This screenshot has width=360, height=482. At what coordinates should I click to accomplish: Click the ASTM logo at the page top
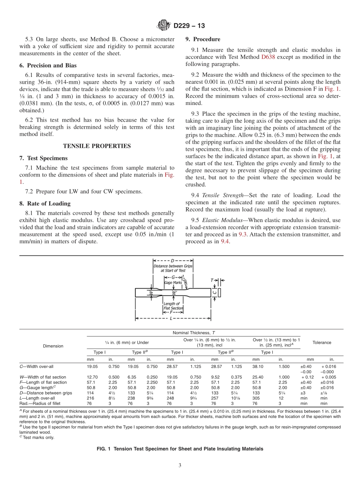pyautogui.click(x=164, y=26)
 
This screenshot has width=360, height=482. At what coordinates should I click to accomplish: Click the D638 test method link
pyautogui.click(x=268, y=57)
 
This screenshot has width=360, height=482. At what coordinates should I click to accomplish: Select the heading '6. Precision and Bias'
pyautogui.click(x=48, y=66)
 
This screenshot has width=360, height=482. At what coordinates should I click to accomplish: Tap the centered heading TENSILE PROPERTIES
pyautogui.click(x=97, y=146)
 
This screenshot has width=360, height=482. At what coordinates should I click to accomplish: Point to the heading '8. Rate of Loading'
pyautogui.click(x=44, y=203)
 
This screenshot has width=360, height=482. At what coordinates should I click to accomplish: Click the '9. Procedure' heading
pyautogui.click(x=202, y=39)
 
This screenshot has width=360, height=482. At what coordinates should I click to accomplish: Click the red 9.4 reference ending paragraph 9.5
pyautogui.click(x=225, y=241)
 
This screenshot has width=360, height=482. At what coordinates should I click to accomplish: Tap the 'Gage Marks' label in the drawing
pyautogui.click(x=173, y=283)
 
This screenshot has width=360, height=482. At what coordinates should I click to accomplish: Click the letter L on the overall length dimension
pyautogui.click(x=171, y=318)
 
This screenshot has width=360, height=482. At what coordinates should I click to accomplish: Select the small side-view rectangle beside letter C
pyautogui.click(x=219, y=292)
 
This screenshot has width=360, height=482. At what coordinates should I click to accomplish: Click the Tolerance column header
pyautogui.click(x=321, y=343)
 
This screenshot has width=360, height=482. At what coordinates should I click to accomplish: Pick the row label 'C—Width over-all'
pyautogui.click(x=38, y=366)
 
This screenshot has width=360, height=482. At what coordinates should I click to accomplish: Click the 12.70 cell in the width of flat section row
pyautogui.click(x=92, y=377)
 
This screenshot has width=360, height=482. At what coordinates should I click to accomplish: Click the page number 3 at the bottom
pyautogui.click(x=180, y=465)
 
